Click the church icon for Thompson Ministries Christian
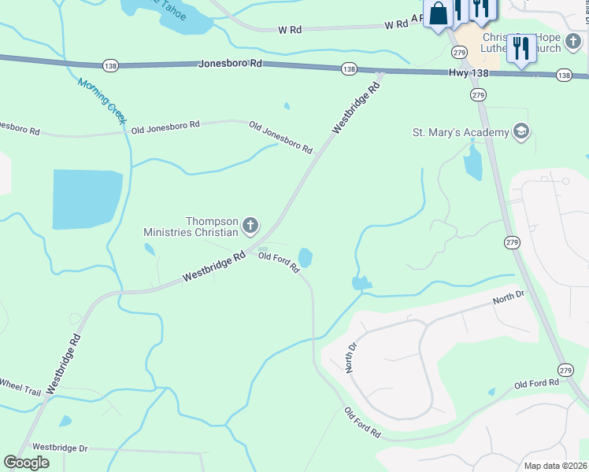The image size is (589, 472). pyautogui.click(x=250, y=227)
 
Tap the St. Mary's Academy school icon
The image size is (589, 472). pyautogui.click(x=520, y=131)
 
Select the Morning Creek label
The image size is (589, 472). pyautogui.click(x=102, y=100)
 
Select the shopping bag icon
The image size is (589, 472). pyautogui.click(x=438, y=14)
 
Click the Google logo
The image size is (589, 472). pyautogui.click(x=27, y=462)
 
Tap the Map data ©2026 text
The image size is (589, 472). pyautogui.click(x=554, y=466)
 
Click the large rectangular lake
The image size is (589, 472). pyautogui.click(x=87, y=198)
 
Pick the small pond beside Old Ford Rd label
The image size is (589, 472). pyautogui.click(x=306, y=257)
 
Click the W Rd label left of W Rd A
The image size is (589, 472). pyautogui.click(x=290, y=30)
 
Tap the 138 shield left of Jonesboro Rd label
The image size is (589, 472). pyautogui.click(x=109, y=66)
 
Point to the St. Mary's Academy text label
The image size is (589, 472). pyautogui.click(x=461, y=132)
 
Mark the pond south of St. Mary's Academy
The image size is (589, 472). pyautogui.click(x=473, y=164)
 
